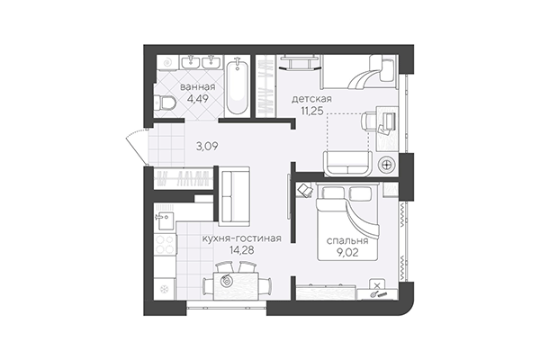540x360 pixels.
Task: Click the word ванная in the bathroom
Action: [196, 87]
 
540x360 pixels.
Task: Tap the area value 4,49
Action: [196, 102]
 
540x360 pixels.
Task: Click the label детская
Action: [312, 97]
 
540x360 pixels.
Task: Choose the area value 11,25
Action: [312, 112]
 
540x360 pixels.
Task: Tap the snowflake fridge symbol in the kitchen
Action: [164, 288]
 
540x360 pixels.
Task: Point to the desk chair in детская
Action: [370, 120]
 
